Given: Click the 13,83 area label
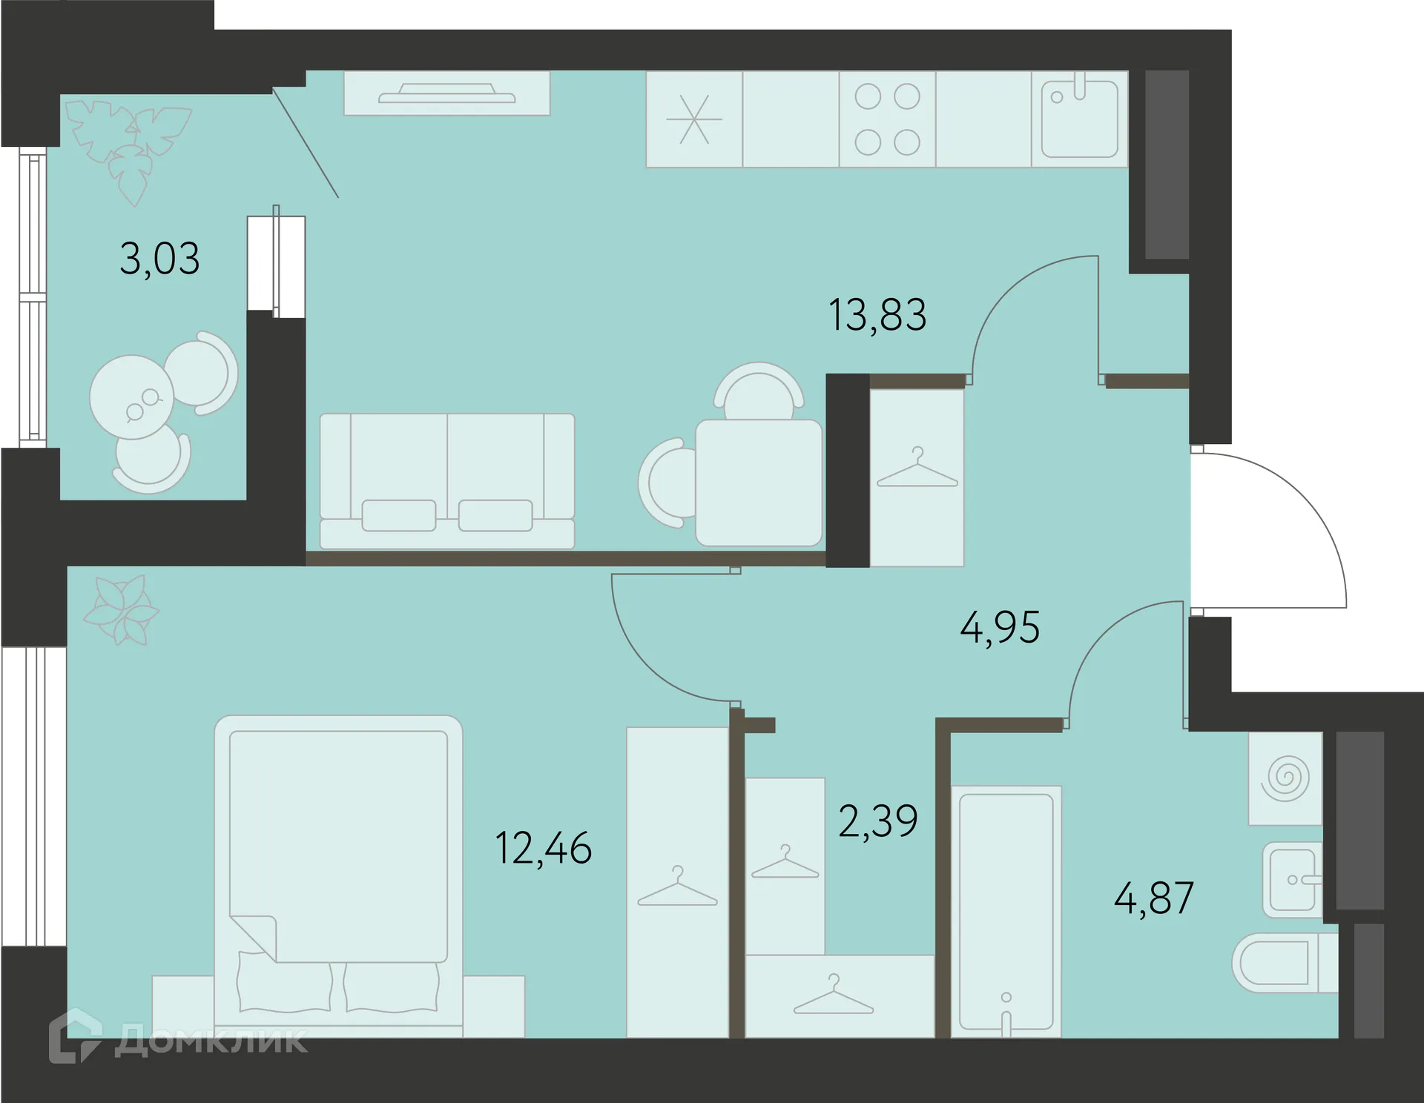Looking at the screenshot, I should coord(877,315).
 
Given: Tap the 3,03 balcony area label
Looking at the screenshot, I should coord(159,259).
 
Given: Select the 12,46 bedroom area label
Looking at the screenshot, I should coord(543,848).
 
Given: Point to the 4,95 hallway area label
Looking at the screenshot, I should coord(1000,628).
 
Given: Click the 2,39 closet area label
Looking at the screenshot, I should coord(878,821).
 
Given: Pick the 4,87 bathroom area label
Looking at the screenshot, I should coord(1153,898).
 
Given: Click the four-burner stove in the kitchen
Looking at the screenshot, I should coord(887,119).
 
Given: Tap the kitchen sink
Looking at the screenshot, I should coord(1079,119).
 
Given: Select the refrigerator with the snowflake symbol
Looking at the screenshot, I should coord(694,119).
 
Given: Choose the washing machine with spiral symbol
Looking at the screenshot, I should coord(1285,778).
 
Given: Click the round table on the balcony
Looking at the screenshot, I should coord(132,397).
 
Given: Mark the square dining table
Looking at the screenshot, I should coord(758,483).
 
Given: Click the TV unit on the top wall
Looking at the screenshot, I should coord(446,93).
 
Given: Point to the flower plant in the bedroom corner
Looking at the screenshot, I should coord(120,611).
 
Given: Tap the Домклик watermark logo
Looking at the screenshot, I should coord(178,1039).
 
